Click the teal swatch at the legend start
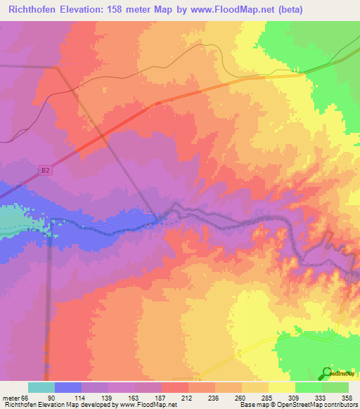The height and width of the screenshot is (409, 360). click(x=41, y=387)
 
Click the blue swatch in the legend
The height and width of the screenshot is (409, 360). click(x=68, y=387)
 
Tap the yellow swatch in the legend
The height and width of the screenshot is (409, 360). click(x=282, y=387)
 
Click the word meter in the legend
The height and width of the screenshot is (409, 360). click(x=12, y=398)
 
